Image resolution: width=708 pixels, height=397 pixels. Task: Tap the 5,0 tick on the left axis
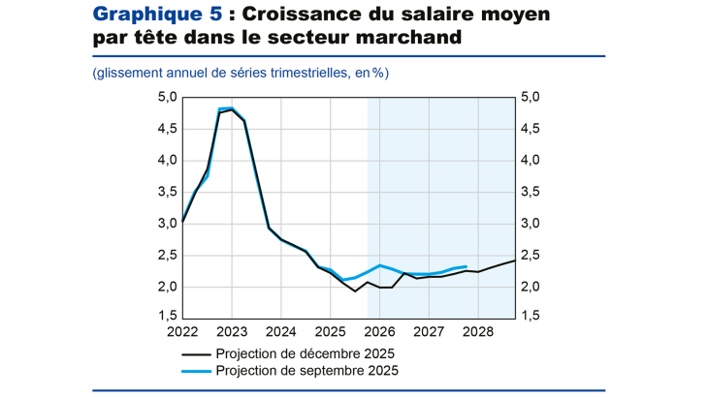coord(167,97)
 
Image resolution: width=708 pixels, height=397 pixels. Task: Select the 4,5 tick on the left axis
coord(167,129)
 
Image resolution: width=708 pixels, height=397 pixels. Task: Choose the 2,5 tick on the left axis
coord(167,256)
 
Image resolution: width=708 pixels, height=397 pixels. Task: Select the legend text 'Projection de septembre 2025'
coord(306,371)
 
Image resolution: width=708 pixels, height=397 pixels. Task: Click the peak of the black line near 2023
coord(232,110)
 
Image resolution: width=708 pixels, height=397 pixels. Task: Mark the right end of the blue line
coord(467,266)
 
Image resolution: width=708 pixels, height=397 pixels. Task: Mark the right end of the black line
coord(515,260)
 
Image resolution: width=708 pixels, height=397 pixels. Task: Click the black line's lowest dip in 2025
coord(355,291)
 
